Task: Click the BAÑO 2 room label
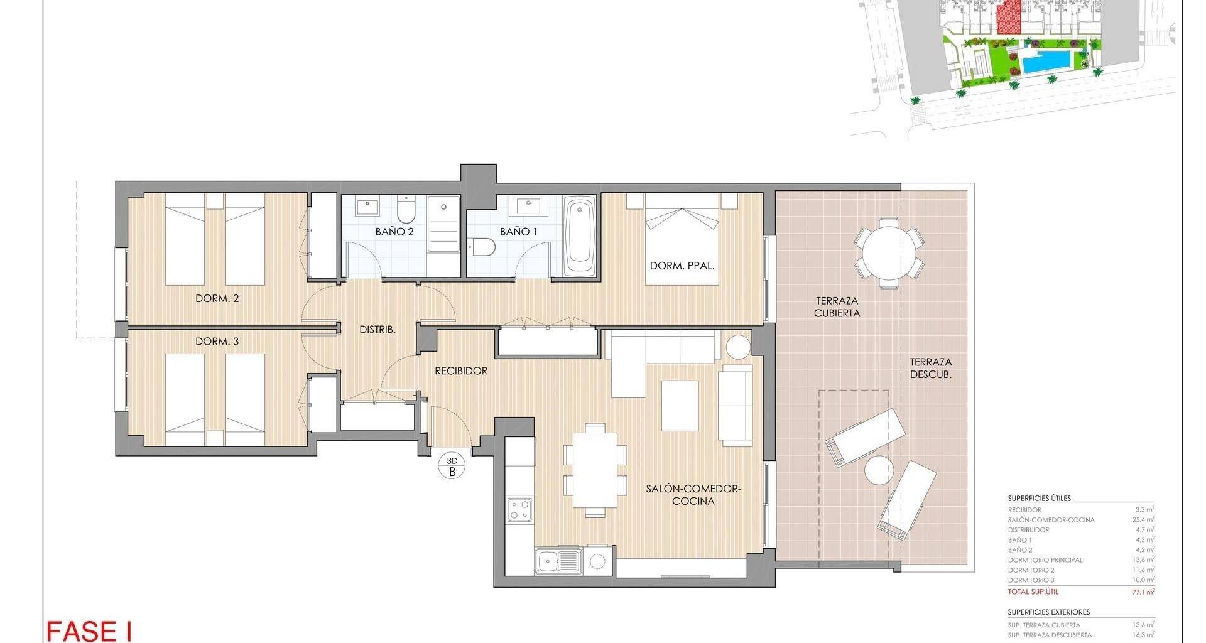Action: [x=394, y=232]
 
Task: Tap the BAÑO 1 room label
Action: [x=519, y=232]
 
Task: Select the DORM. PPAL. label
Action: [x=682, y=266]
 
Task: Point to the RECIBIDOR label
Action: [x=461, y=371]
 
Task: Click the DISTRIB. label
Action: [x=378, y=329]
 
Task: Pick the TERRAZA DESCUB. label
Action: [x=931, y=368]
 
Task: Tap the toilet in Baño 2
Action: [x=406, y=210]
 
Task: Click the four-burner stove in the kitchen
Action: [x=520, y=509]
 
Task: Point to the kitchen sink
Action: [x=558, y=561]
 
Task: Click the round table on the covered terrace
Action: [x=889, y=252]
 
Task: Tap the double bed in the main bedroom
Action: [x=682, y=239]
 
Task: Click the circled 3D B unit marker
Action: [x=452, y=467]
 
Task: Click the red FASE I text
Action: [x=89, y=631]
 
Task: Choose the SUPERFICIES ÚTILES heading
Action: [x=1040, y=498]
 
